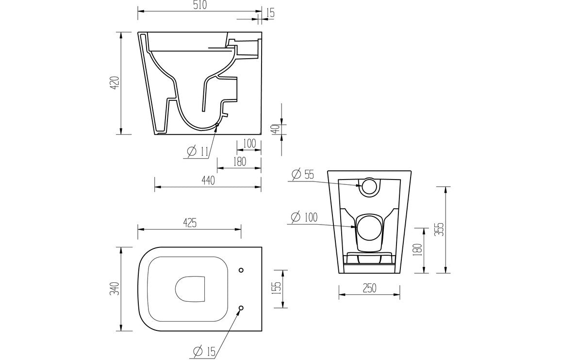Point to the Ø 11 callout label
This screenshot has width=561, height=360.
(x=198, y=151)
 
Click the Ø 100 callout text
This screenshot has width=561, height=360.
(x=304, y=217)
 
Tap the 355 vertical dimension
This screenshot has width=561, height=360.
(x=439, y=229)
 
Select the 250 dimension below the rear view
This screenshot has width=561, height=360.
(x=369, y=288)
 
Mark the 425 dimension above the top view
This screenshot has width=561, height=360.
(x=189, y=223)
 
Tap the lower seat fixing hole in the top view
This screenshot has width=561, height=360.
(x=241, y=308)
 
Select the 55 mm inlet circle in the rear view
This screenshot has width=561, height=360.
(x=370, y=187)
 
